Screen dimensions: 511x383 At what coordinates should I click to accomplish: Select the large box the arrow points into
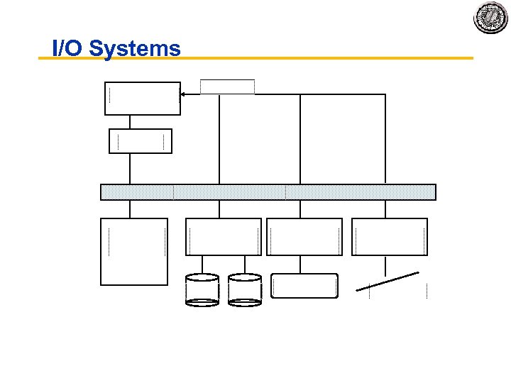tap(143, 98)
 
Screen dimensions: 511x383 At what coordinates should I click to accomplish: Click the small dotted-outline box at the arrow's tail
tap(227, 87)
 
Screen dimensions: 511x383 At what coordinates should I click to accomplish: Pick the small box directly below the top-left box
tap(140, 140)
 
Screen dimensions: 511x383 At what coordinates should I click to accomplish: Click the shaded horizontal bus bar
tap(268, 192)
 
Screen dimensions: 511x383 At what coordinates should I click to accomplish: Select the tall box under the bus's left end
tap(134, 251)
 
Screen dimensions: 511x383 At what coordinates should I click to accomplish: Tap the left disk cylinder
tap(202, 289)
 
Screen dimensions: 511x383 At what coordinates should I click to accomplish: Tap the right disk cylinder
tap(245, 289)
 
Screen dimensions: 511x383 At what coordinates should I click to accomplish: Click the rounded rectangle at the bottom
tap(304, 285)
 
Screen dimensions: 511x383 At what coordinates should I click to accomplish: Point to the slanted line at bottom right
tap(388, 280)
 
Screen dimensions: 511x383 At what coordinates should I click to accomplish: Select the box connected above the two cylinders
tap(223, 236)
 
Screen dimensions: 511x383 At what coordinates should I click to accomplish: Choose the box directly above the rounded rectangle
tap(304, 236)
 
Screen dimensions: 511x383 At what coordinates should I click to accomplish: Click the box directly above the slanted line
tap(390, 236)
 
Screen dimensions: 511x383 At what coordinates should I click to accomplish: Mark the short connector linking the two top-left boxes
tap(130, 121)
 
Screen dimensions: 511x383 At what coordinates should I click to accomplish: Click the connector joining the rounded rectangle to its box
tap(300, 264)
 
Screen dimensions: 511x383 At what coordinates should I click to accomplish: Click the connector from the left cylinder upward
tap(202, 264)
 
